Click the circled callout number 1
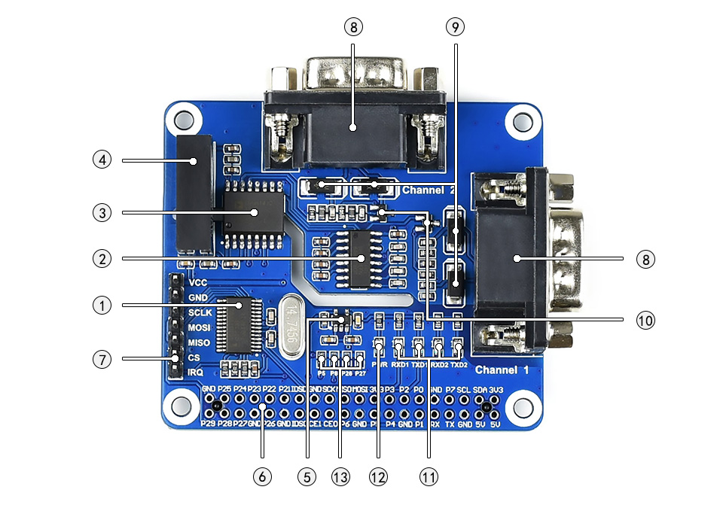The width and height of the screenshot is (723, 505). [x=102, y=306]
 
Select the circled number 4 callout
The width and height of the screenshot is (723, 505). [x=102, y=160]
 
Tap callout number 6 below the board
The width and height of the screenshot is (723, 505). [x=261, y=476]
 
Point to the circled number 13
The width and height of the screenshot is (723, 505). [x=340, y=476]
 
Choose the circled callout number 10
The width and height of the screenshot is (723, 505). [x=645, y=320]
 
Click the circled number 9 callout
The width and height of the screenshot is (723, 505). [x=454, y=27]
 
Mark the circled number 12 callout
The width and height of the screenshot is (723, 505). [x=378, y=476]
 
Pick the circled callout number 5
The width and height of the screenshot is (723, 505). [x=307, y=476]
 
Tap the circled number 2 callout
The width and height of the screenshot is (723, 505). [x=102, y=259]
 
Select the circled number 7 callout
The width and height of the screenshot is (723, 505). [x=102, y=359]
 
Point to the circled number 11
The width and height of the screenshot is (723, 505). [x=429, y=476]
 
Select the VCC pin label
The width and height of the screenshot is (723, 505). [x=198, y=283]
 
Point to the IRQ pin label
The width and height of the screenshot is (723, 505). [x=196, y=373]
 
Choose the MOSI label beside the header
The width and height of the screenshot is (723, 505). [x=200, y=327]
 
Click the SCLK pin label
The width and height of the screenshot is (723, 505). [x=200, y=312]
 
